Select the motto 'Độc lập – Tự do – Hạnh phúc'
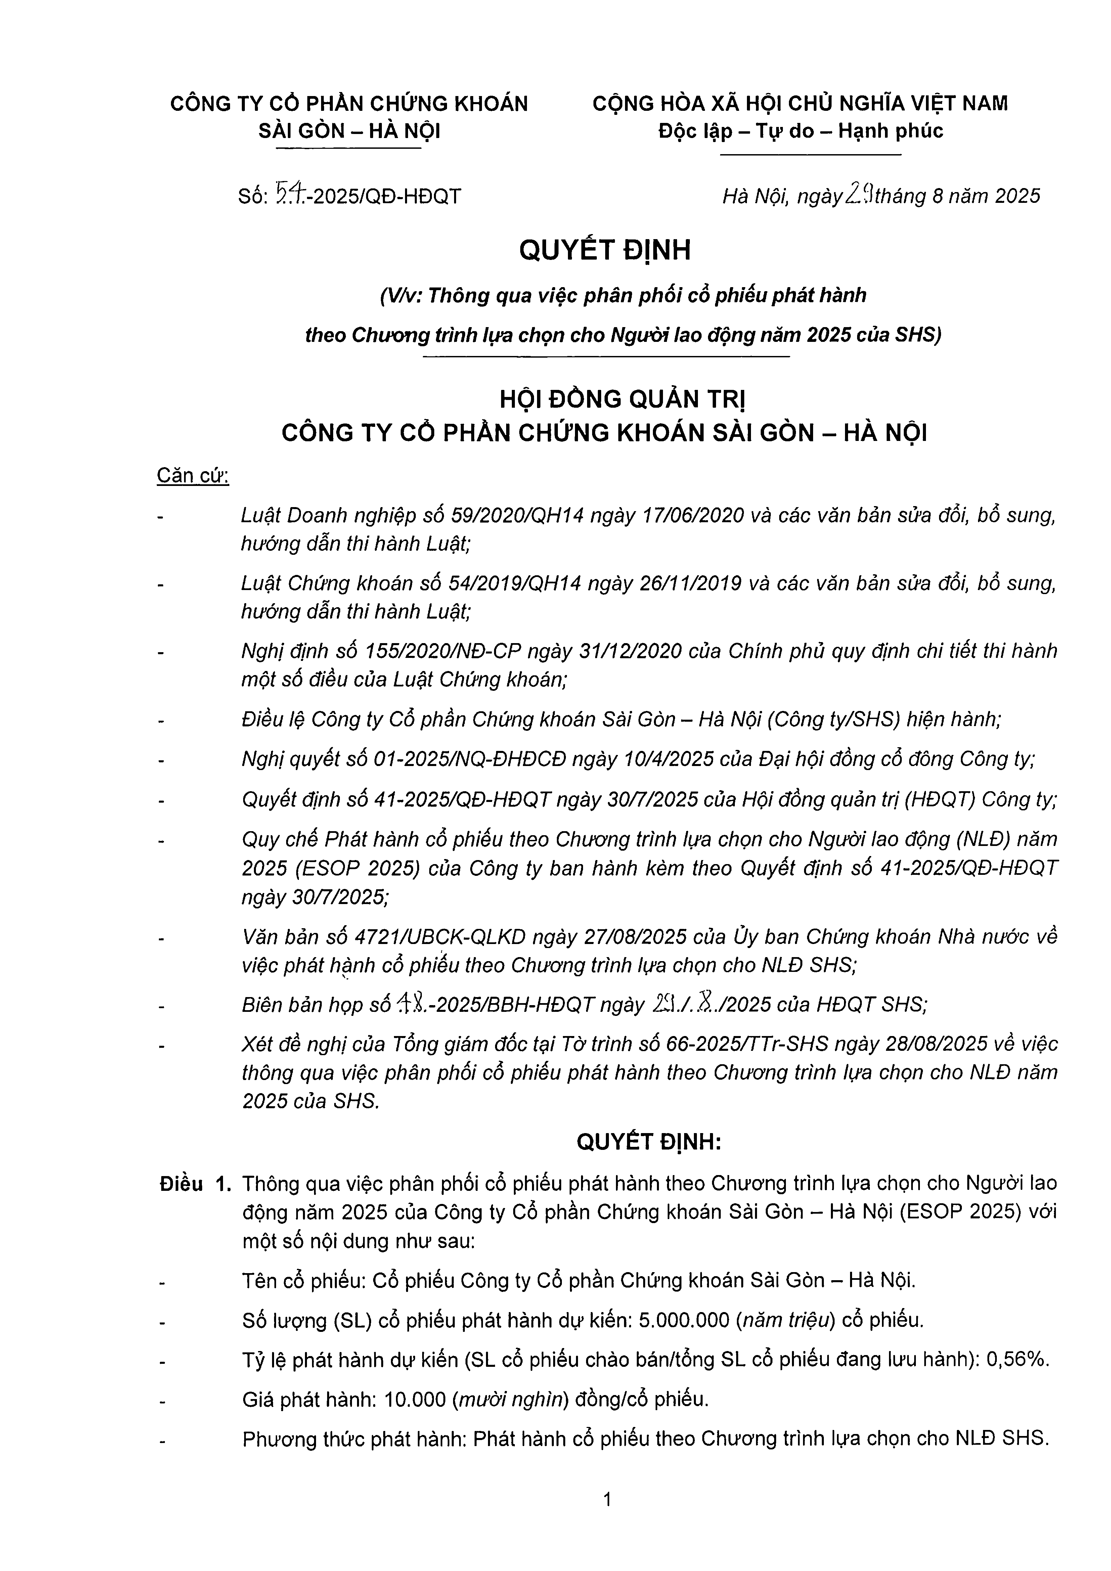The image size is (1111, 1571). [800, 131]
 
